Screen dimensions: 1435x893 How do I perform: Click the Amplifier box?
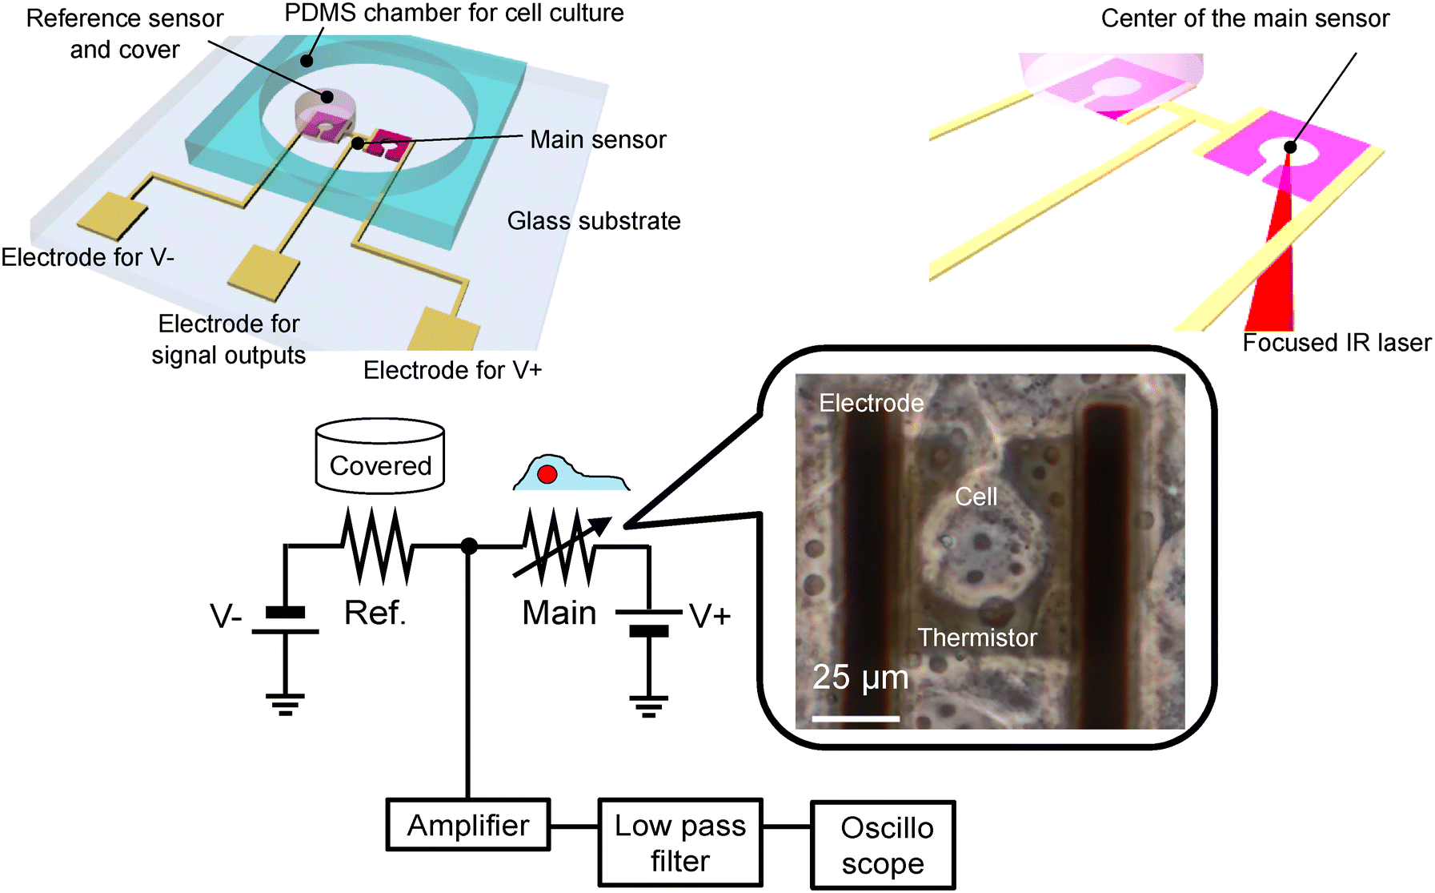(468, 824)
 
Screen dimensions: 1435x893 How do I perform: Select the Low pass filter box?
(680, 843)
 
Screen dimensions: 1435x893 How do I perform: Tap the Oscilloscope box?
(884, 845)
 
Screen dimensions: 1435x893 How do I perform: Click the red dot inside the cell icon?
(547, 474)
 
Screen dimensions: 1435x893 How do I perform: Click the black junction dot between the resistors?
(469, 546)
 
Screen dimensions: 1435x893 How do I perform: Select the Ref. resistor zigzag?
(378, 546)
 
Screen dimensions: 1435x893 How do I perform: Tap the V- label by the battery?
(226, 617)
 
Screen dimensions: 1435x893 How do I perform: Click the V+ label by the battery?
(710, 616)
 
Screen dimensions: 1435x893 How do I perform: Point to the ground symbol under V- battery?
(286, 704)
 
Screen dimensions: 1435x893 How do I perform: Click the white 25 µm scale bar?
(856, 718)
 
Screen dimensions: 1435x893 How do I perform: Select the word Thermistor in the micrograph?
(977, 638)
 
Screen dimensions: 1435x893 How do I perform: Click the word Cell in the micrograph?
(976, 497)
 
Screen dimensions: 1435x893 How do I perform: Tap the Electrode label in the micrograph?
(872, 403)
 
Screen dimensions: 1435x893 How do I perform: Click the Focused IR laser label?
(1337, 343)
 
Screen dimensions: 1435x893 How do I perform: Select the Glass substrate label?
(594, 221)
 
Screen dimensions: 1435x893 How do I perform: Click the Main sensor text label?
(598, 139)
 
